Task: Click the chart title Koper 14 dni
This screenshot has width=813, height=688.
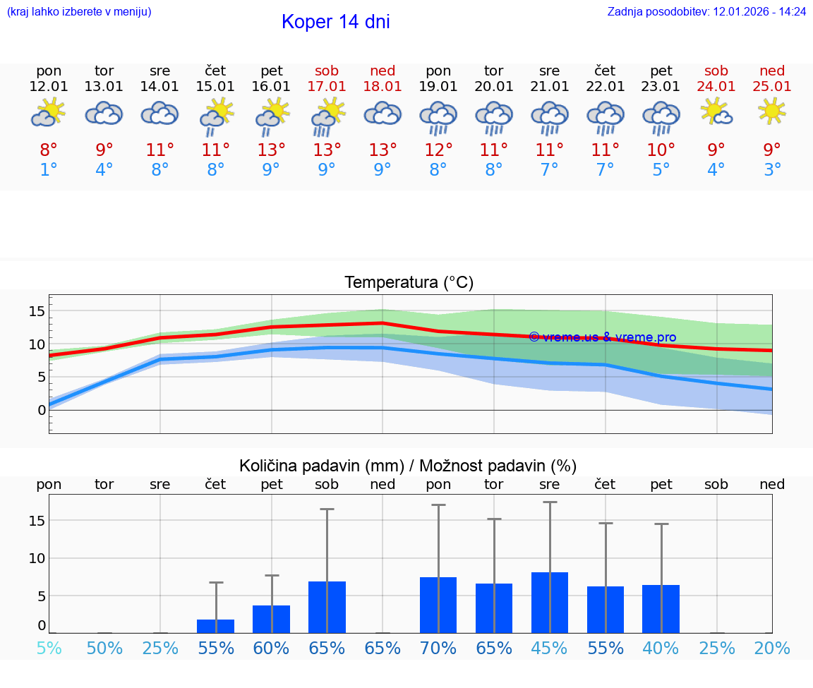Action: pyautogui.click(x=335, y=22)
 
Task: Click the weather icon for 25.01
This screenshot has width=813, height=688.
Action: pyautogui.click(x=772, y=110)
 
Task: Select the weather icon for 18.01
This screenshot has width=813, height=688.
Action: pyautogui.click(x=383, y=114)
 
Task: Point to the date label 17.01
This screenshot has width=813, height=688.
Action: pyautogui.click(x=327, y=86)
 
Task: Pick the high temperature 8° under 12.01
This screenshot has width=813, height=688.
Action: pyautogui.click(x=49, y=150)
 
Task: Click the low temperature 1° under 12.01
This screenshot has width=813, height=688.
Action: pyautogui.click(x=49, y=170)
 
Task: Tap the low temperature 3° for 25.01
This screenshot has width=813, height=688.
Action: pyautogui.click(x=772, y=170)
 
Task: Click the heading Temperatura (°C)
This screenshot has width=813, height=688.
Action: pyautogui.click(x=409, y=283)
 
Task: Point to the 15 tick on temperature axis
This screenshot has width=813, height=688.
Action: pyautogui.click(x=37, y=311)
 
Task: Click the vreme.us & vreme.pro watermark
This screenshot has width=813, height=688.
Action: pyautogui.click(x=602, y=337)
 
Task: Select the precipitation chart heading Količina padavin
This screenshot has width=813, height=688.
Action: pyautogui.click(x=408, y=466)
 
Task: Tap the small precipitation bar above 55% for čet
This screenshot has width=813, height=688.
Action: pyautogui.click(x=216, y=626)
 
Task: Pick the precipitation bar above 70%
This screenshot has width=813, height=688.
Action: pyautogui.click(x=438, y=605)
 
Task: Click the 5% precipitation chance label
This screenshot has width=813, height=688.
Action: pyautogui.click(x=49, y=648)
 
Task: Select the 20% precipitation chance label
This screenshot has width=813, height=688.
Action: pyautogui.click(x=772, y=648)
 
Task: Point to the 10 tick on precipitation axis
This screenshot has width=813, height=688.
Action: pyautogui.click(x=37, y=558)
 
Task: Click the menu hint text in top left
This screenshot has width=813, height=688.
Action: pyautogui.click(x=79, y=11)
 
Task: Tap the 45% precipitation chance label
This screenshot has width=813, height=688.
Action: pyautogui.click(x=550, y=648)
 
